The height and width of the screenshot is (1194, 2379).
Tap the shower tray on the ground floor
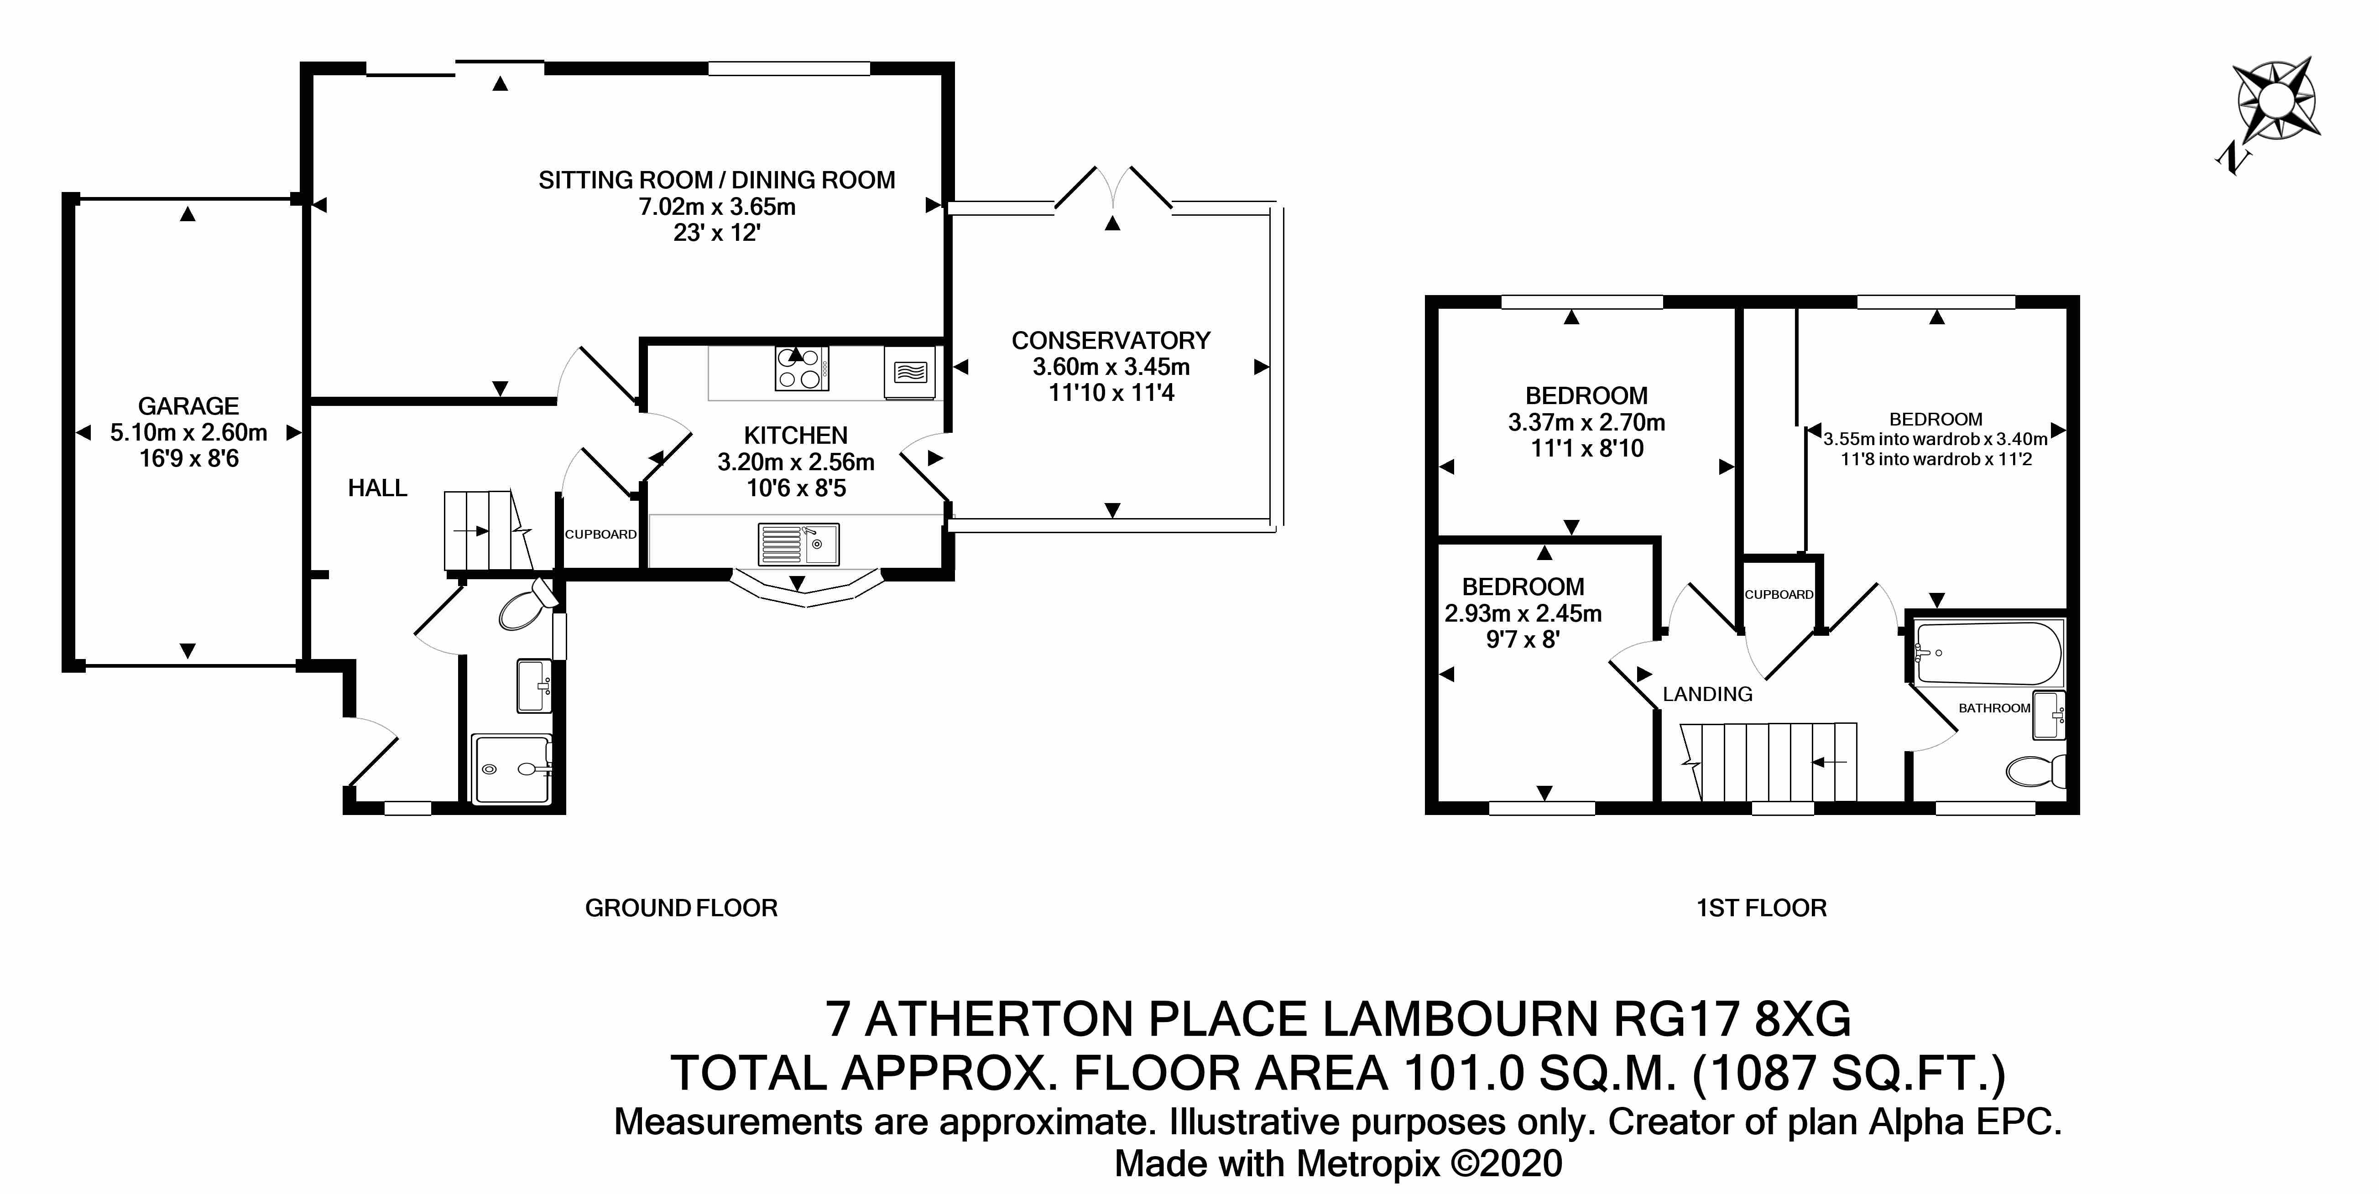[x=511, y=768]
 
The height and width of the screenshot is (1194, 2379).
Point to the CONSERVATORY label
[x=1111, y=341]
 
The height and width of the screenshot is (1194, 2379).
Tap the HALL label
[x=378, y=488]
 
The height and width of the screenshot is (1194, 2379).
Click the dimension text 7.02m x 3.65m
[x=718, y=207]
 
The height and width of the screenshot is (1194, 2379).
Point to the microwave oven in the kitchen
[x=910, y=372]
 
